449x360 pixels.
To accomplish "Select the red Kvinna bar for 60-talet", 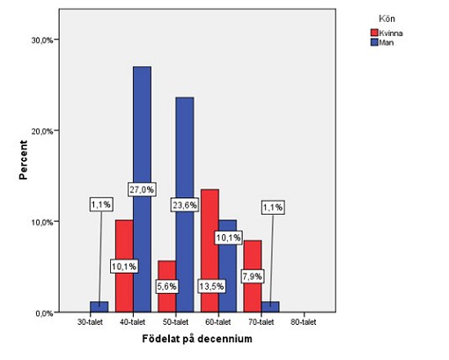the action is (210, 235).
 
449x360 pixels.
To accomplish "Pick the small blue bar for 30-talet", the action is (99, 306).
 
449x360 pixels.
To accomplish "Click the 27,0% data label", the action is (142, 189).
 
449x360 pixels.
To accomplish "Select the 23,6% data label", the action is (184, 205).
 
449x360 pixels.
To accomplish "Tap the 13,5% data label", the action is (211, 286).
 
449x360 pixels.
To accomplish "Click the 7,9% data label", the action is (253, 276).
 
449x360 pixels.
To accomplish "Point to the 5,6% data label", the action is (167, 286).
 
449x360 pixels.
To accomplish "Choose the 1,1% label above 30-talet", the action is (101, 204).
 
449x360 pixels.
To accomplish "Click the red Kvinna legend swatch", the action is (374, 33).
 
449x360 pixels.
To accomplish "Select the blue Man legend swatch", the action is (374, 42).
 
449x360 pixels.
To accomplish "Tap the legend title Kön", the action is (386, 18).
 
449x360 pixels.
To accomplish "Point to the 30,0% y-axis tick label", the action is (42, 40).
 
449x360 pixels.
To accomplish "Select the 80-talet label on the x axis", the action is (304, 322).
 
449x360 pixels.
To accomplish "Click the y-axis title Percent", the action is (23, 160).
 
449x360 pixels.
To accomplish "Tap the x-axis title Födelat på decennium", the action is (197, 339).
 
